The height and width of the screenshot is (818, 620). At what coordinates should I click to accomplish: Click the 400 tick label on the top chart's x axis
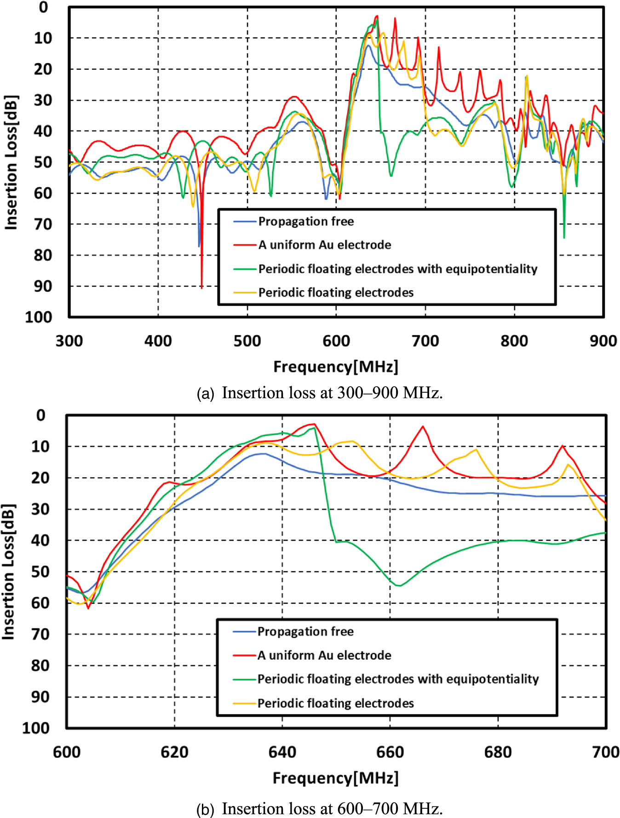coord(158,341)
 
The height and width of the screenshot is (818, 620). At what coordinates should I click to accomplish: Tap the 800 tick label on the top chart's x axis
coord(514,341)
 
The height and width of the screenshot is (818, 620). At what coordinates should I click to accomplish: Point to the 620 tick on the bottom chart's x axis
coord(174,752)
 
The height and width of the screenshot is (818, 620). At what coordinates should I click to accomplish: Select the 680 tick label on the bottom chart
coord(498,752)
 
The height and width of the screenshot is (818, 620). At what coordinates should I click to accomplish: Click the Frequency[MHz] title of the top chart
coord(336,366)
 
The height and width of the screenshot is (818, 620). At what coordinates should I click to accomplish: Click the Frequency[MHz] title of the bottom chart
coord(336,778)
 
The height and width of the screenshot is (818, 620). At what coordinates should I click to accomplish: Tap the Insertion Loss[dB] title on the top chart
coord(11,162)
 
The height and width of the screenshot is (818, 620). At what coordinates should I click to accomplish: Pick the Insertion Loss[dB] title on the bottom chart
coord(9,572)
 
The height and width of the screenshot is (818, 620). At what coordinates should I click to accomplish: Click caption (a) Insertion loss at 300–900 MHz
coord(319,393)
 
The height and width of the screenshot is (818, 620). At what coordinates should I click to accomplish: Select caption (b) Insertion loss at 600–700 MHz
coord(319,808)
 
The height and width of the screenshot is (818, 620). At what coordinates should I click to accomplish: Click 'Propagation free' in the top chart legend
coord(306,222)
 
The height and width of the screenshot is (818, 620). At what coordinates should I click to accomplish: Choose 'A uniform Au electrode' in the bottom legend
coord(324,655)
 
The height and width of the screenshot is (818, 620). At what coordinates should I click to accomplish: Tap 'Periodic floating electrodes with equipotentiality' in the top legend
coord(397,269)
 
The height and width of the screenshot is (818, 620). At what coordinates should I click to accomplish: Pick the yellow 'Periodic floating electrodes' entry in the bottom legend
coord(335,703)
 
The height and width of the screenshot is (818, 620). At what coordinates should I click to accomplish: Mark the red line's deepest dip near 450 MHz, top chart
coord(201,287)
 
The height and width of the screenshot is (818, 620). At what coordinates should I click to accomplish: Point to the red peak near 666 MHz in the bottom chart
coord(423,427)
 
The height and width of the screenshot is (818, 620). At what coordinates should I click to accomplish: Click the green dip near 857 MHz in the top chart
coord(564,237)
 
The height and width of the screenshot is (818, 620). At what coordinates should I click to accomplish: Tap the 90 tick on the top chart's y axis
coord(43,286)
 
